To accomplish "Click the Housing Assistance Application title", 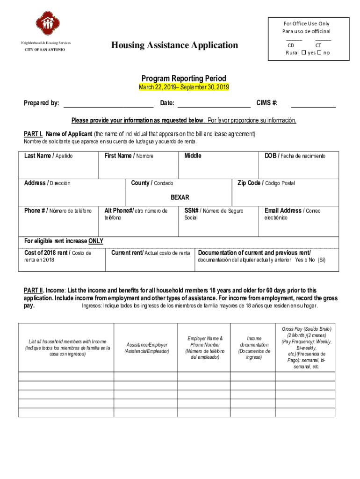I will tap(174, 45).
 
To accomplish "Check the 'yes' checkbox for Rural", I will tap(304, 53).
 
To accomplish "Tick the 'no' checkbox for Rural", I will tap(319, 53).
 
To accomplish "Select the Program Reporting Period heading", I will tap(184, 78).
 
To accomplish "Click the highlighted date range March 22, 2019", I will tap(184, 87).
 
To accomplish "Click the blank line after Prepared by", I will tap(108, 103).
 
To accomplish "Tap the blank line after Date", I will tap(214, 103).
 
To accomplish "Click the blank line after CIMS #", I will tap(313, 103).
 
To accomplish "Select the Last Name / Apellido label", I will tap(48, 156).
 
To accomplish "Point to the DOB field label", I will tap(295, 156).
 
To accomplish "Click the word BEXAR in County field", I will tap(180, 197).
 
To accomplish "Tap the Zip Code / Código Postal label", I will tap(266, 183).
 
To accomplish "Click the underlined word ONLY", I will tap(95, 241).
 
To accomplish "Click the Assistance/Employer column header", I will tap(146, 348).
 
